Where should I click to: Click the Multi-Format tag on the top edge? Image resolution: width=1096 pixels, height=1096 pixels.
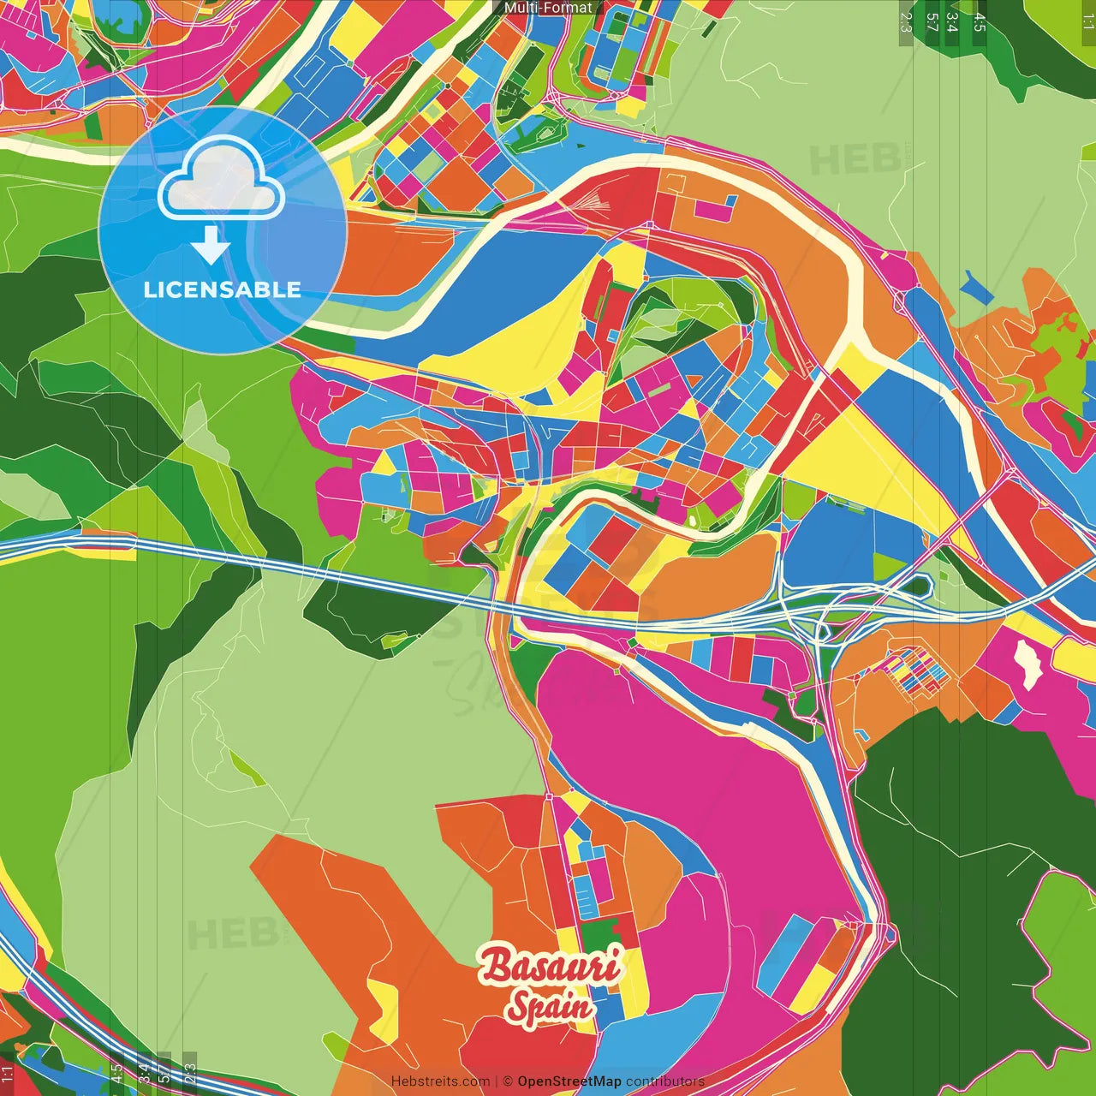pos(548,8)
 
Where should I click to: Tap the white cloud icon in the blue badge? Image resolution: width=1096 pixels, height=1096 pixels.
pos(221,182)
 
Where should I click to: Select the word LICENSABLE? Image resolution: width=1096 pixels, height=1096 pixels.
pos(222,289)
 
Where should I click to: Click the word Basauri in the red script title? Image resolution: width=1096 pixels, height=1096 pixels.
pos(549,966)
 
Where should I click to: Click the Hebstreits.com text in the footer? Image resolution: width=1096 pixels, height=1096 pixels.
pos(440,1081)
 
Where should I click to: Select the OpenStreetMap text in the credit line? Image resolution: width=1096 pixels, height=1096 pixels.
pos(569,1081)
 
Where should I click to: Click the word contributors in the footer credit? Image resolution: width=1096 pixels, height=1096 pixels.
pos(664,1081)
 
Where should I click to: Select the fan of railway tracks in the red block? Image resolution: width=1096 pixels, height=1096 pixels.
pos(591,203)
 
